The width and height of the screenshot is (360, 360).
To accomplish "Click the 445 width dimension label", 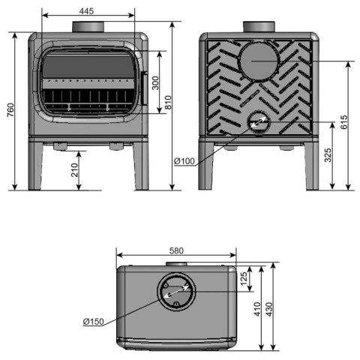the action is [x=86, y=11].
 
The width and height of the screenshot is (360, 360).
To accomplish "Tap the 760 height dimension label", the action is [x=10, y=110].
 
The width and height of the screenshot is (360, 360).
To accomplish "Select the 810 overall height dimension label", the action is [x=168, y=102].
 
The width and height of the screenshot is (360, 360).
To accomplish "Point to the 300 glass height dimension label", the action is [x=155, y=83].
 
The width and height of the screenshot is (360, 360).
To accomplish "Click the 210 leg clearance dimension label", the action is [x=74, y=170].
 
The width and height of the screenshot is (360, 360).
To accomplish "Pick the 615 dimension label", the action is [x=344, y=122].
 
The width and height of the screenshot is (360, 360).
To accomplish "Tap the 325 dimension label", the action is [x=328, y=155].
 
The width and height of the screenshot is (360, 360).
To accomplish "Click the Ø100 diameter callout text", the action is [x=184, y=161].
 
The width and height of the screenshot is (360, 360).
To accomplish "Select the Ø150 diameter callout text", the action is [x=93, y=322].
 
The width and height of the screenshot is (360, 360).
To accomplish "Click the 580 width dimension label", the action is [x=176, y=250].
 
